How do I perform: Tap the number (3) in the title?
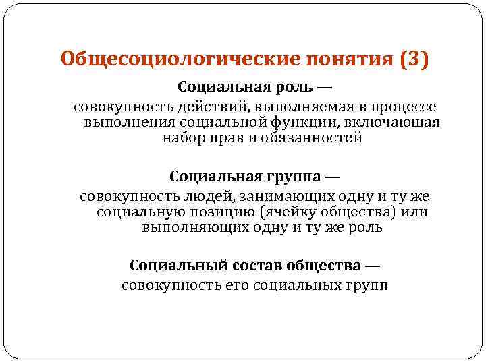(x=413, y=59)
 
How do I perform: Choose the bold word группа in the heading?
(x=291, y=177)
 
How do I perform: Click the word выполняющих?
(x=184, y=227)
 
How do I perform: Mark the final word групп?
(x=368, y=286)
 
